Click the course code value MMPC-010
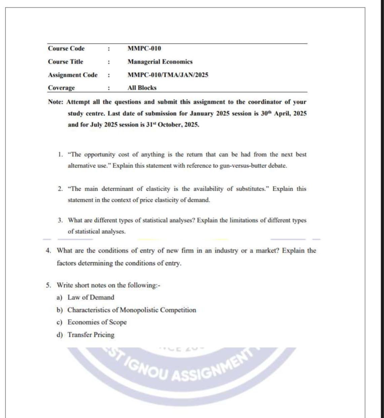pos(144,48)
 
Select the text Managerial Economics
pos(160,62)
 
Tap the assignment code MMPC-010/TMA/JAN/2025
pos(168,75)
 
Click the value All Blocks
pos(142,88)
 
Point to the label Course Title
pos(65,62)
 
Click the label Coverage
pos(61,88)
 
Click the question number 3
pos(60,220)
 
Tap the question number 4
pos(48,251)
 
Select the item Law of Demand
pos(91,298)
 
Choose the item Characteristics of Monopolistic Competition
pos(132,310)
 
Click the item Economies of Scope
pos(97,322)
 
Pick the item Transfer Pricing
pos(91,335)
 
